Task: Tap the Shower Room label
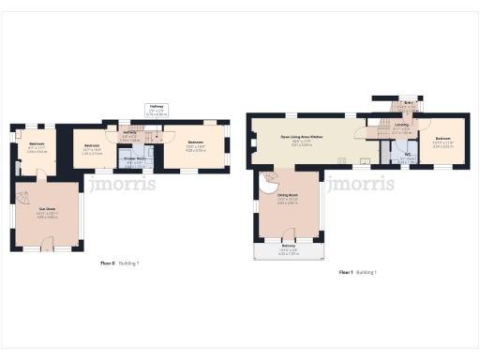point(134,158)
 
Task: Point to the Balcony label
point(287,246)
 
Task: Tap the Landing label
point(401,125)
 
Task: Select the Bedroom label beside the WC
point(442,138)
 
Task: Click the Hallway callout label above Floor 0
point(157,107)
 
